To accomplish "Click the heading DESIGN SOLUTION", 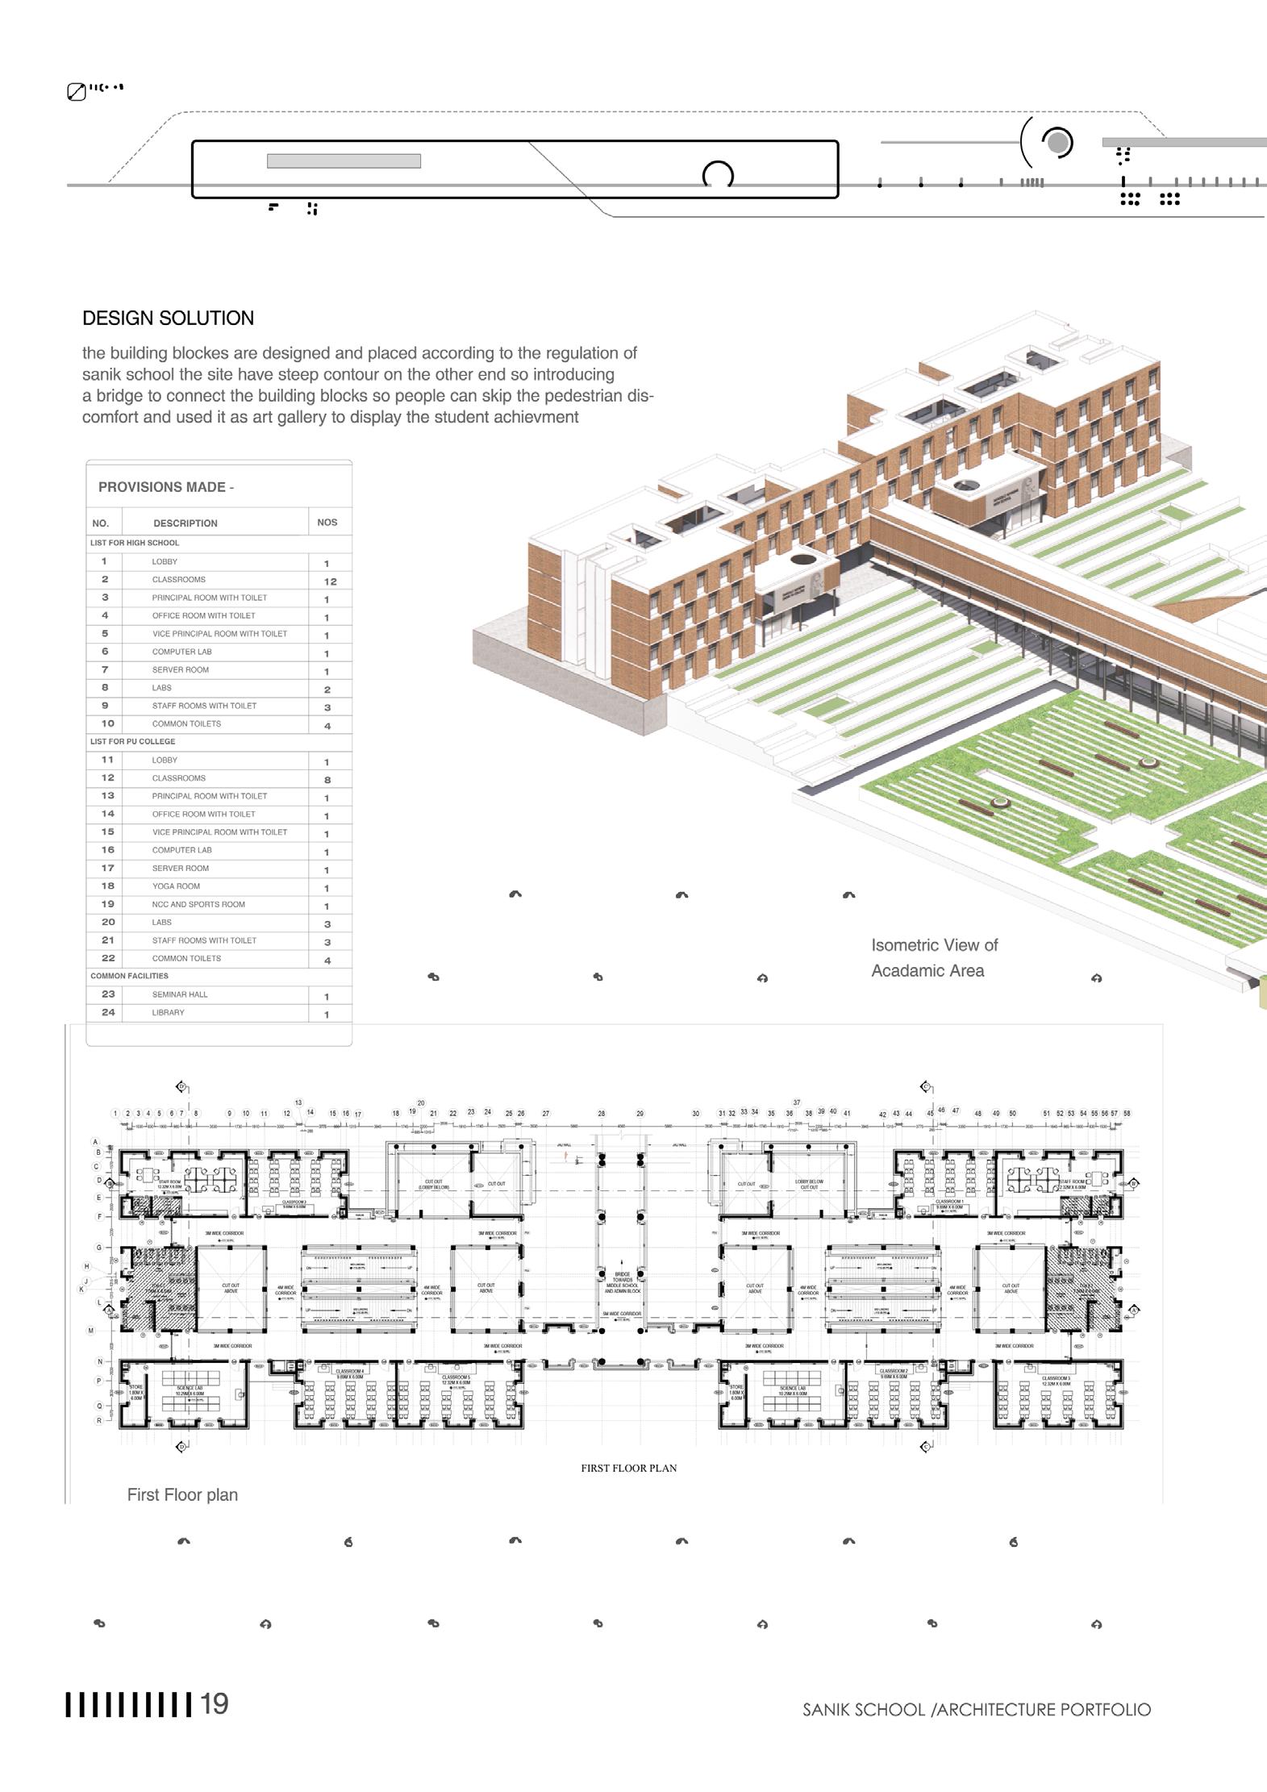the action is click(168, 319).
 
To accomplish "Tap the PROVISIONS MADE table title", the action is click(165, 487).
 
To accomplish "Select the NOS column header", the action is click(327, 523).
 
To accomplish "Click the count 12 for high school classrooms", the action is click(330, 581).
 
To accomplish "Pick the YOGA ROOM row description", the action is click(176, 886).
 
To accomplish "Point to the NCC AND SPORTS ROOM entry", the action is click(198, 904).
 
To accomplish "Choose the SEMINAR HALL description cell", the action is click(180, 994).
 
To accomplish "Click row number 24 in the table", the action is click(108, 1012).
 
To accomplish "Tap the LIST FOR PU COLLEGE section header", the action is click(132, 741).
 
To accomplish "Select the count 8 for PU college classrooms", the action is click(327, 780).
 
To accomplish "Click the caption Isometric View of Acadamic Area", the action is click(934, 957).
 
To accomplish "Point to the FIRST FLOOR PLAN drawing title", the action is click(628, 1468).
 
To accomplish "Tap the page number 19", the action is click(215, 1704).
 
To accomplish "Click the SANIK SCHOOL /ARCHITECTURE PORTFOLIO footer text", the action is click(976, 1710).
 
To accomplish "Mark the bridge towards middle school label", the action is click(622, 1282).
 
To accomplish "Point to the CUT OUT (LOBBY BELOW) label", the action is click(433, 1184).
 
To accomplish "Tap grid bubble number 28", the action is click(601, 1114).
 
